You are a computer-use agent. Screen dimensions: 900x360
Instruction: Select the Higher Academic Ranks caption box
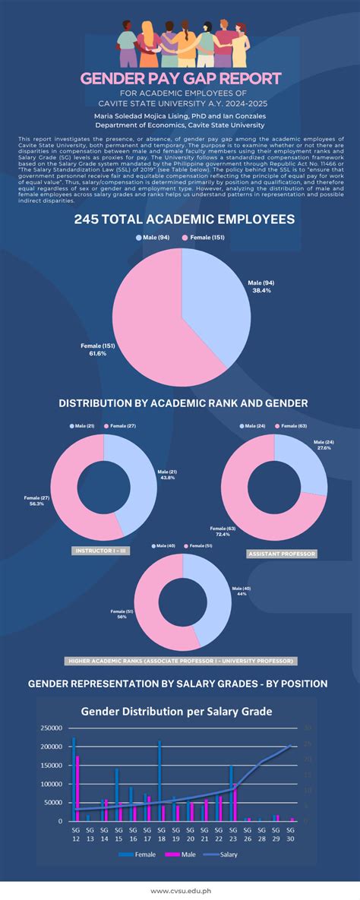tap(179, 660)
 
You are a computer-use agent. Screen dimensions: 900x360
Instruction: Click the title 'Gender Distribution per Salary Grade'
tap(176, 712)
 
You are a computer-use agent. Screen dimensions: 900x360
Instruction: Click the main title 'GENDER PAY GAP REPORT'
tap(180, 78)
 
